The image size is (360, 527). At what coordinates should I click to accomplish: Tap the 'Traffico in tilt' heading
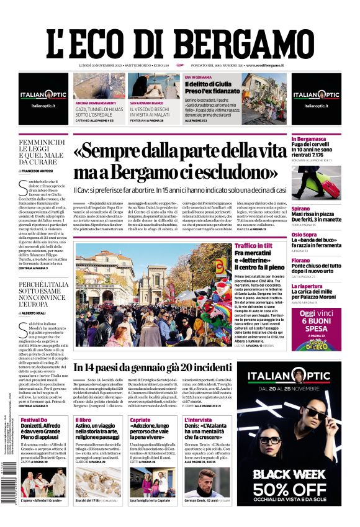(x=253, y=246)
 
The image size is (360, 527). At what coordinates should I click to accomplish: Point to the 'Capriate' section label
(x=140, y=420)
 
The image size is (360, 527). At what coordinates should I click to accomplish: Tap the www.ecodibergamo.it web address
(x=265, y=65)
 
